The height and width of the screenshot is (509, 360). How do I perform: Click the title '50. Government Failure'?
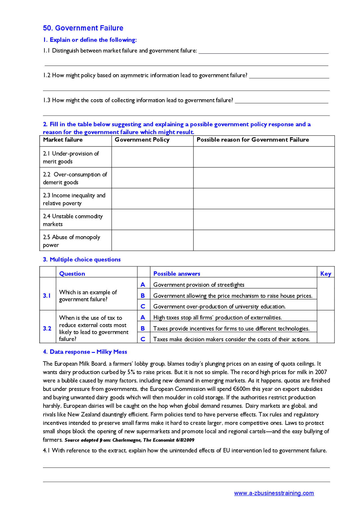[83, 28]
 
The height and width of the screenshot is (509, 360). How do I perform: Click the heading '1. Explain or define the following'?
[90, 40]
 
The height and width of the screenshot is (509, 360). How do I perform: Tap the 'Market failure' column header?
[63, 140]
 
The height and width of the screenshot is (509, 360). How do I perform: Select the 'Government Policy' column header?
[142, 140]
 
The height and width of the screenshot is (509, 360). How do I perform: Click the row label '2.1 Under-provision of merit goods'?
[71, 157]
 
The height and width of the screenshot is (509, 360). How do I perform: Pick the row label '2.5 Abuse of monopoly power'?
[71, 241]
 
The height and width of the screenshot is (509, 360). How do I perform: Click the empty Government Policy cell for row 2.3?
[152, 199]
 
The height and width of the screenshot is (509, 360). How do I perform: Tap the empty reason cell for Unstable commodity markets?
[264, 220]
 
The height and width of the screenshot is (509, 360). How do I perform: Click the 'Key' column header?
[325, 273]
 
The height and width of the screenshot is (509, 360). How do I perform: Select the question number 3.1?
[47, 295]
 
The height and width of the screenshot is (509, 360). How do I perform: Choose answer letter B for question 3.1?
[143, 296]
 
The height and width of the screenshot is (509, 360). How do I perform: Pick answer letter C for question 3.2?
[143, 339]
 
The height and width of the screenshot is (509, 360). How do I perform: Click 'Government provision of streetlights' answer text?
[199, 285]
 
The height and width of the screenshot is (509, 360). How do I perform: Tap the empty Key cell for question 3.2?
[325, 327]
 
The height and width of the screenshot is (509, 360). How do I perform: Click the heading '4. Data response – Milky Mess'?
[85, 352]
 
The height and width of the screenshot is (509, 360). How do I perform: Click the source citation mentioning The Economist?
[129, 440]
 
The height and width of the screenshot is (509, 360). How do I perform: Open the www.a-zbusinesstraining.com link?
[274, 493]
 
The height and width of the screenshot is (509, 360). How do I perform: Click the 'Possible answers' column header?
[177, 273]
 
